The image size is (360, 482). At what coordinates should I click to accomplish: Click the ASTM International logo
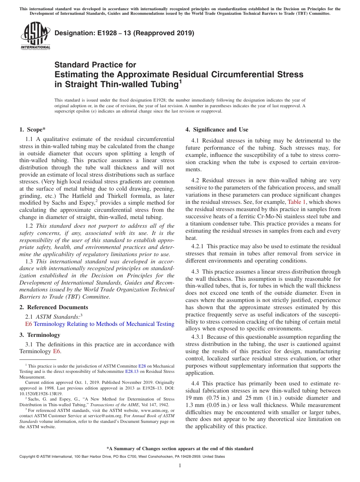(35, 36)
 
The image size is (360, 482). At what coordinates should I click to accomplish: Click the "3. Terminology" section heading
(39, 335)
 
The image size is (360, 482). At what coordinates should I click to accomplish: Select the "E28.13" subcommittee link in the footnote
(131, 372)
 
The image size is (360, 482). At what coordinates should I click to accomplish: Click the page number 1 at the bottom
(180, 466)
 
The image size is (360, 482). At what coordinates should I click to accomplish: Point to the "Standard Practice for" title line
(95, 65)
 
